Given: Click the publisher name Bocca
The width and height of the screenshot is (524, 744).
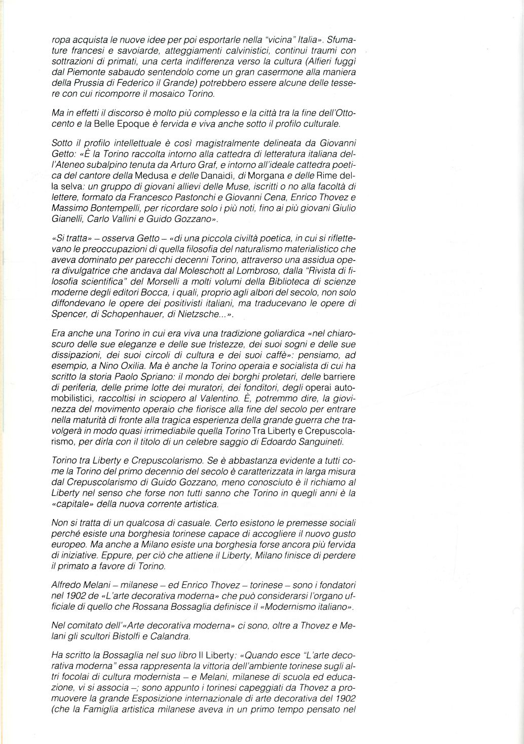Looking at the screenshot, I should click(x=183, y=293).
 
